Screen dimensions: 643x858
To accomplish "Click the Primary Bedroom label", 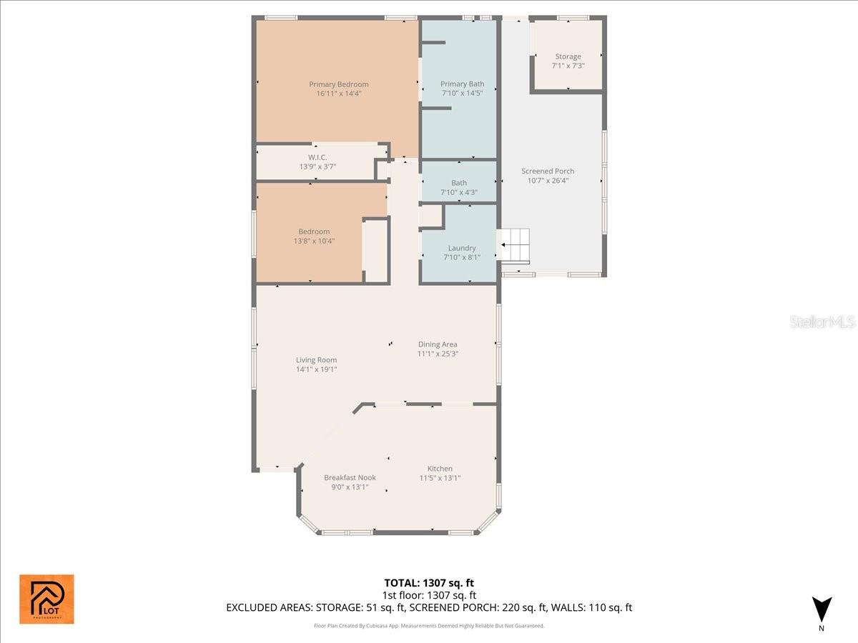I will (x=338, y=84).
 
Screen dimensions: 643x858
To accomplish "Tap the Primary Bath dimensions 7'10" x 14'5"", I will (x=462, y=94).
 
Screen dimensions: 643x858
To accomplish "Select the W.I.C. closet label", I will (x=317, y=157).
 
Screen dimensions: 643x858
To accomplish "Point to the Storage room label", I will (x=568, y=56).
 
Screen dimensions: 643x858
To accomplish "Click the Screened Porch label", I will (x=548, y=171).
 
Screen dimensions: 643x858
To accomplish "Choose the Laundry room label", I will (x=461, y=248).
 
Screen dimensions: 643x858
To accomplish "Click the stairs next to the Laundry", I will (x=516, y=246).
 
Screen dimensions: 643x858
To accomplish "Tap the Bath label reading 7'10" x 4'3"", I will (x=458, y=192).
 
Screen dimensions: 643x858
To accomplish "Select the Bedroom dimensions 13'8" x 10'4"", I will (x=314, y=241).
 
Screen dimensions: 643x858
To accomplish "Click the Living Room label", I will (x=316, y=360).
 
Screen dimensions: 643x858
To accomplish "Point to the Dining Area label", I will (x=438, y=344).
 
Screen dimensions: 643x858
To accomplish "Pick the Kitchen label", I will (x=440, y=469).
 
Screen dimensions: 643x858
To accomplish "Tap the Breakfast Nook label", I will (x=350, y=478).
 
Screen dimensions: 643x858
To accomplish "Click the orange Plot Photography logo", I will (x=46, y=599).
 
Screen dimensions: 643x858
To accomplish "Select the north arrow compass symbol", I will (x=822, y=609).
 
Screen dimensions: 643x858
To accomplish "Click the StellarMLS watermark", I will (x=822, y=322).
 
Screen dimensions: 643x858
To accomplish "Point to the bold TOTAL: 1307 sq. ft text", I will (x=429, y=583).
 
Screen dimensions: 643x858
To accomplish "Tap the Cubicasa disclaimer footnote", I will (x=429, y=626).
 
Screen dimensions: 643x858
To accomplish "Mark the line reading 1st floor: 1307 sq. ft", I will (x=429, y=595).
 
